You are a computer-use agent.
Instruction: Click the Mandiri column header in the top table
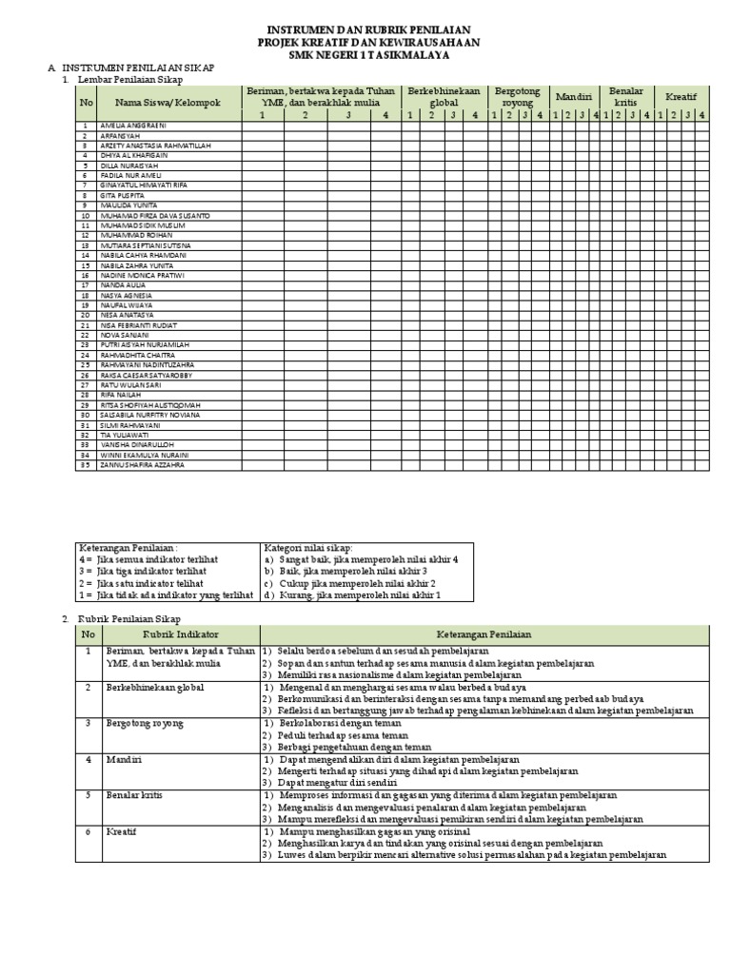click(573, 97)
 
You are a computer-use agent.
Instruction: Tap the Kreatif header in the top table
click(681, 97)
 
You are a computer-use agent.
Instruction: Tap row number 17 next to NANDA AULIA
click(86, 284)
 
